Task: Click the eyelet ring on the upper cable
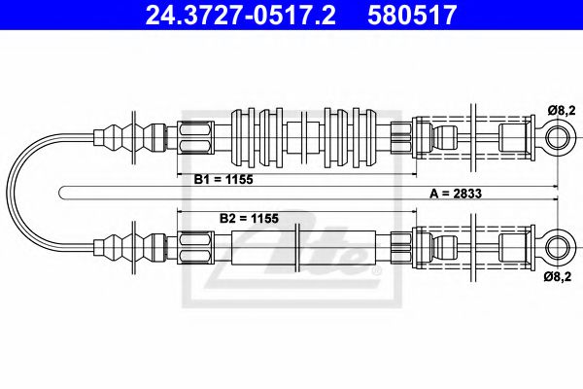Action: click(x=557, y=137)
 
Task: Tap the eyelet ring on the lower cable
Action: click(x=557, y=243)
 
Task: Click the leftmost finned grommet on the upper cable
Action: click(x=244, y=137)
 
